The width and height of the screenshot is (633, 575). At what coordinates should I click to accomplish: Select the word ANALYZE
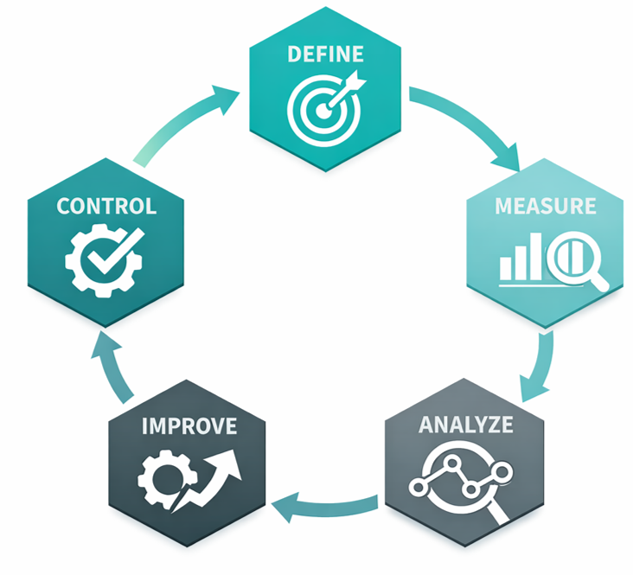(x=464, y=425)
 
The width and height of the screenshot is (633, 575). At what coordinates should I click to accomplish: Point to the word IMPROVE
(x=189, y=425)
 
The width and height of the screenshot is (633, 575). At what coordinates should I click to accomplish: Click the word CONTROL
(x=105, y=207)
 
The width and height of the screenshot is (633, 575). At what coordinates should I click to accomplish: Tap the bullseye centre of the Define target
(x=317, y=111)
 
